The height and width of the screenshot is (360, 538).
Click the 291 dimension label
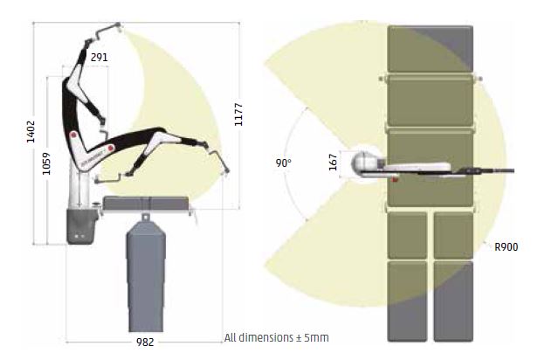(100, 57)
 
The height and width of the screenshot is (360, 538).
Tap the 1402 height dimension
(31, 131)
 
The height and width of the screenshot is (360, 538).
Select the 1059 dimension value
(46, 163)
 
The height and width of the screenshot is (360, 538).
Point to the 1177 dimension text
(238, 114)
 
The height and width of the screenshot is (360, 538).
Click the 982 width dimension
(145, 343)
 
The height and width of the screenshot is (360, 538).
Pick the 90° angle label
(283, 163)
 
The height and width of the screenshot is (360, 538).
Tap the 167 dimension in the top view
(333, 162)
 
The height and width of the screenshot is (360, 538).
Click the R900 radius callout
(506, 246)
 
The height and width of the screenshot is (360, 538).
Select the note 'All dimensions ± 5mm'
(277, 337)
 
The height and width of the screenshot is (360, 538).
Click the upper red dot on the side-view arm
(73, 135)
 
